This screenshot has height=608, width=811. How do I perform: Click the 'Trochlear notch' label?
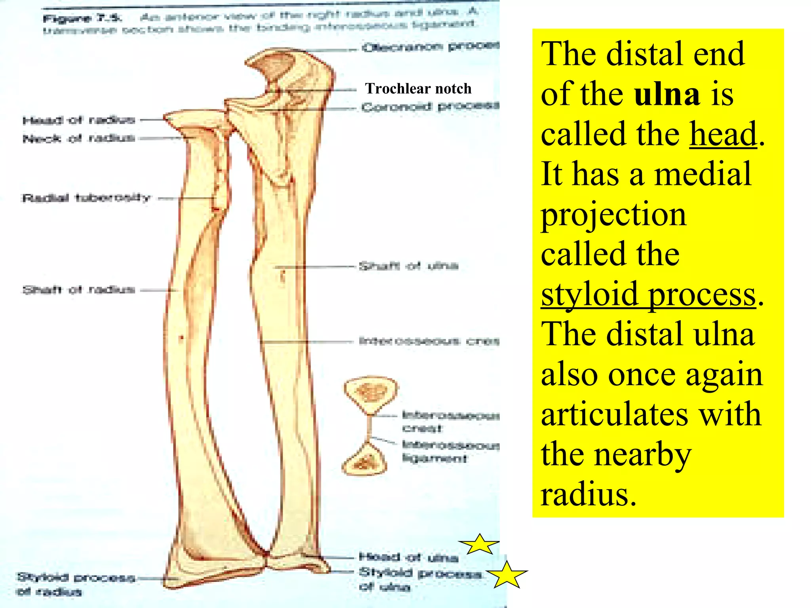(x=418, y=88)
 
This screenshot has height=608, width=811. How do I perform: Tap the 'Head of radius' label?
(x=79, y=120)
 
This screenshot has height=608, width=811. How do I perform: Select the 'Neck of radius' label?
(x=79, y=138)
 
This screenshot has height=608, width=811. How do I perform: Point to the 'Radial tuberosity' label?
(x=86, y=198)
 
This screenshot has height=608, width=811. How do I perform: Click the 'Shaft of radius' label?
(x=79, y=290)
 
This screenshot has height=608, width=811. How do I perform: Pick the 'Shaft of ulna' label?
(x=408, y=266)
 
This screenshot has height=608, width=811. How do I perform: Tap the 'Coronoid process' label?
(x=430, y=106)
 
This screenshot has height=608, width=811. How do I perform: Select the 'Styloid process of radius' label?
(x=75, y=584)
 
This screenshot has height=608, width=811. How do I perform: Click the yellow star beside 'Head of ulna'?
(x=479, y=545)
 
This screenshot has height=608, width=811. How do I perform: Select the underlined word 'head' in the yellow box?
(x=723, y=134)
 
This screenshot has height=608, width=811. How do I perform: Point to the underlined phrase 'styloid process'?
(x=649, y=294)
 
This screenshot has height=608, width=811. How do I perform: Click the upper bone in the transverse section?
(x=371, y=394)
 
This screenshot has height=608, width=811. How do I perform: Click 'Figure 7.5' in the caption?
(x=82, y=18)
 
